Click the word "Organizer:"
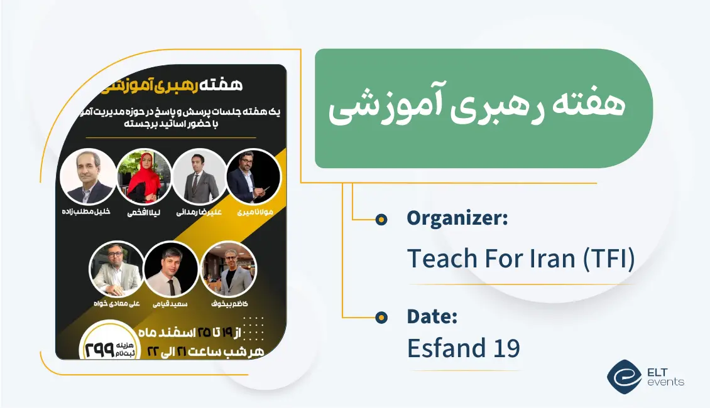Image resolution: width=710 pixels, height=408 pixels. click(457, 218)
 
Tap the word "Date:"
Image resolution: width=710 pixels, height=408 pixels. click(432, 317)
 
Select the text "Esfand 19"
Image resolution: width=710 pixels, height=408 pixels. click(464, 348)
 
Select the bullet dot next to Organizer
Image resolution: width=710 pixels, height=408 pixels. click(381, 219)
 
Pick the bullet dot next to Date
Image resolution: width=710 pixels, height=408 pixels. click(381, 318)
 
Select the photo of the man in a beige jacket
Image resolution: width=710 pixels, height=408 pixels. click(117, 269)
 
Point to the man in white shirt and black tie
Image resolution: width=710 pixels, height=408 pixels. click(171, 269)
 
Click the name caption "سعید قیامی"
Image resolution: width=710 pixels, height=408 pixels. click(170, 304)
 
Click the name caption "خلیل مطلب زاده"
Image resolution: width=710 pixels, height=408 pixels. click(86, 212)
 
